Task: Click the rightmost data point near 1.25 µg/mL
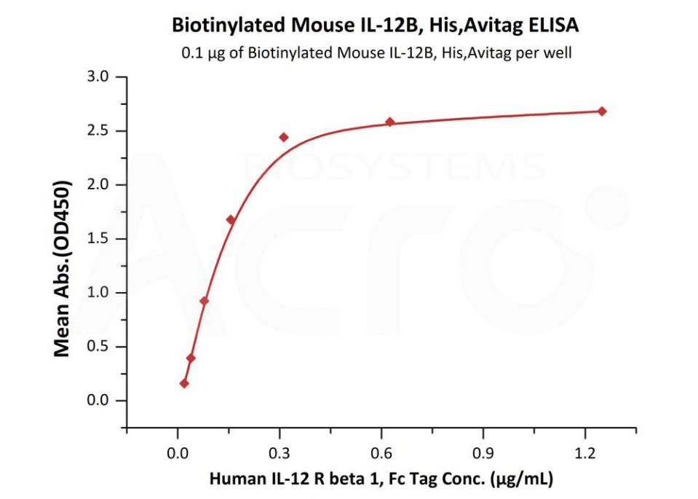coord(602,111)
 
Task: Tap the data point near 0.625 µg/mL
coord(390,122)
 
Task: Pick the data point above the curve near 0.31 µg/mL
coord(284,137)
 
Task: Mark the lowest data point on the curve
coord(184,383)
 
